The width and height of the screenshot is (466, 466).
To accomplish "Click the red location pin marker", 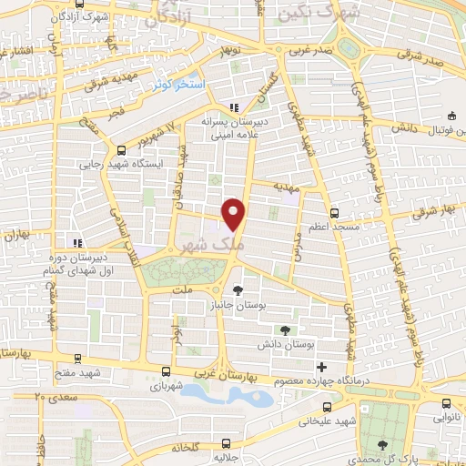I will (234, 214).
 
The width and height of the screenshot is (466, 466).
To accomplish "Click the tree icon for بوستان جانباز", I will (238, 290).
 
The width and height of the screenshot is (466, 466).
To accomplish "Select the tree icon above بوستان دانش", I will (288, 329).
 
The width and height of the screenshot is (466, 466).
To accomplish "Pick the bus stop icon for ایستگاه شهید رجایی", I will (121, 151).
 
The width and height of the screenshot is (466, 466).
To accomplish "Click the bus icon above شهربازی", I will (165, 370).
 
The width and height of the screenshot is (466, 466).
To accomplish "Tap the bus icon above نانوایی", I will (445, 403).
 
